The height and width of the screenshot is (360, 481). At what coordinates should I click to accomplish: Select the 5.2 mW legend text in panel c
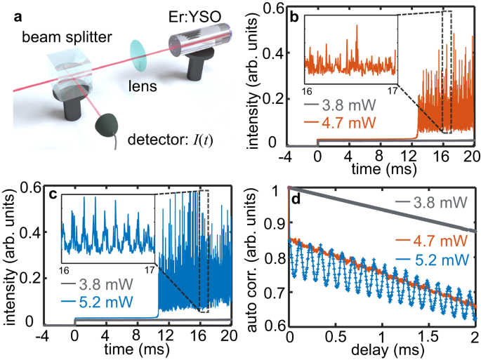click(x=112, y=305)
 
